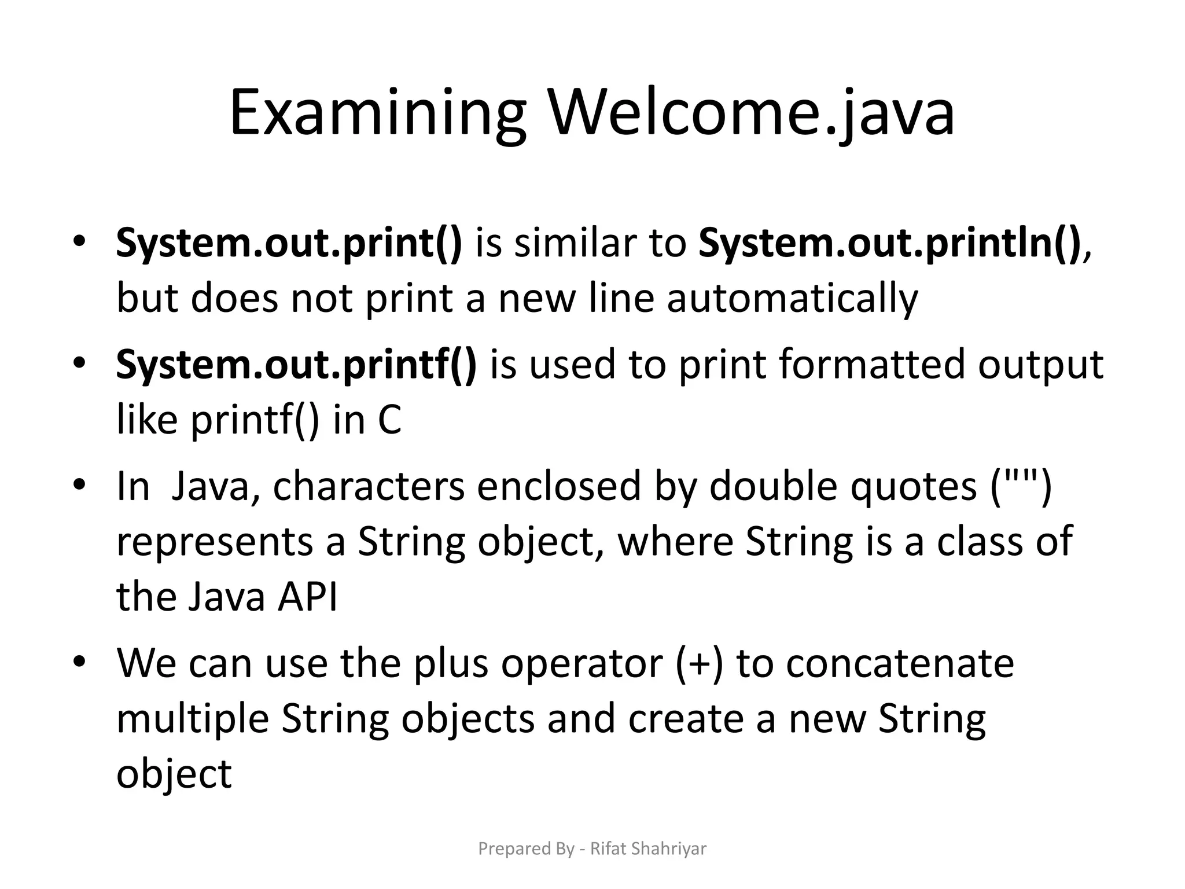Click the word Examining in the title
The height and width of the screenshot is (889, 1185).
click(x=377, y=113)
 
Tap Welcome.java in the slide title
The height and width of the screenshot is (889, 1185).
click(x=751, y=113)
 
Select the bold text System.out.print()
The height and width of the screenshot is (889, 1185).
click(x=289, y=243)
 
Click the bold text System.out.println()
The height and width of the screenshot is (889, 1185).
click(x=889, y=243)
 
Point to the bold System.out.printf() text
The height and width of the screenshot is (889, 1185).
click(x=296, y=365)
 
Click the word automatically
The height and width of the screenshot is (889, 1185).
click(x=792, y=299)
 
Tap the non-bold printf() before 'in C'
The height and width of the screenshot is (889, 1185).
click(x=255, y=420)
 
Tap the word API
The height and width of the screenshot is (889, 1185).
click(x=307, y=597)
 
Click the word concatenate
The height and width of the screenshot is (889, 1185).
click(x=900, y=663)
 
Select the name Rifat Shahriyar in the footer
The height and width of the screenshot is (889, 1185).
click(x=648, y=848)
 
